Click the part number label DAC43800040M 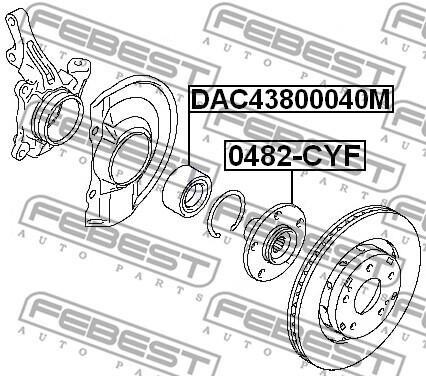point(291,99)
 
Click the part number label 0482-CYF point(295,156)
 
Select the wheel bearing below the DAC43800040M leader point(186,191)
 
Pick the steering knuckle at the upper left point(45,87)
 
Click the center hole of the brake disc point(367,296)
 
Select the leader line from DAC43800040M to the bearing point(189,139)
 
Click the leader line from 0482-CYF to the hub point(292,187)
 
